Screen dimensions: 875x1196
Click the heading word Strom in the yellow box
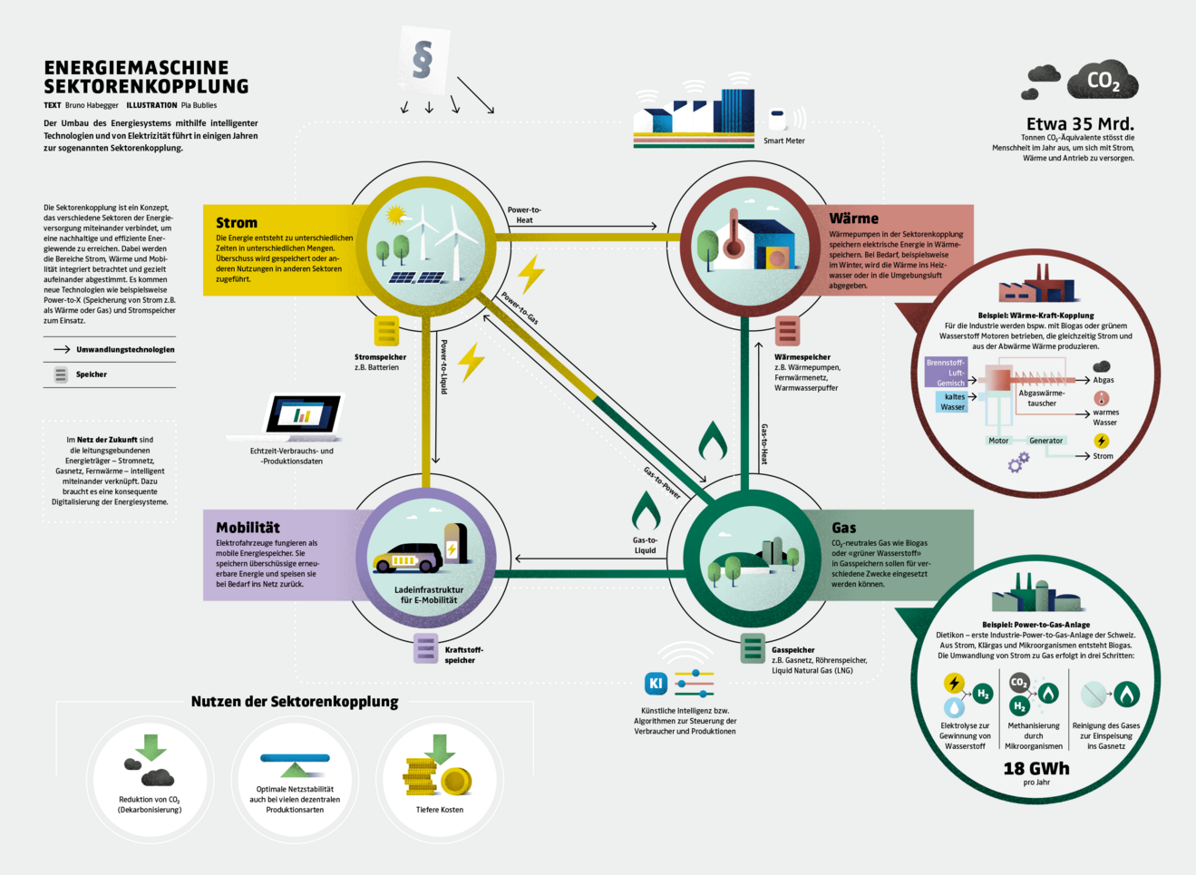point(237,223)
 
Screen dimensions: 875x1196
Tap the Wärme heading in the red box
point(853,219)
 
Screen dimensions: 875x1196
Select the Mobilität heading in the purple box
point(248,528)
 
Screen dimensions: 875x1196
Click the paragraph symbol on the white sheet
point(422,60)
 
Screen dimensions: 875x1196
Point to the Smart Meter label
point(783,141)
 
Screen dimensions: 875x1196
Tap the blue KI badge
point(656,684)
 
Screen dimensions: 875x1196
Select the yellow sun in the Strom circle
point(395,215)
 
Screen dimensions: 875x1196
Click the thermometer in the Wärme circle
point(733,237)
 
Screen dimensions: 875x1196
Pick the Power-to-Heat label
point(524,215)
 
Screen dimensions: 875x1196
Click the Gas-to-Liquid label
point(645,545)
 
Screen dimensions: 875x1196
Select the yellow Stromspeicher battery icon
point(387,332)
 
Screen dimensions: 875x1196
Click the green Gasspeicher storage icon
point(752,648)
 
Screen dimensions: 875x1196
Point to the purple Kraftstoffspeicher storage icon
point(425,648)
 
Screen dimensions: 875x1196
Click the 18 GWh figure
point(1036,769)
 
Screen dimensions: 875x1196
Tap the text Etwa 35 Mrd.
point(1080,124)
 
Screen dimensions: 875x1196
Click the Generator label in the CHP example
point(1045,441)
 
